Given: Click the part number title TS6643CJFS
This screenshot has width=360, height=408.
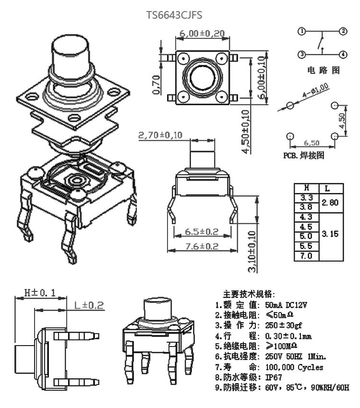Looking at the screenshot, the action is click(174, 15).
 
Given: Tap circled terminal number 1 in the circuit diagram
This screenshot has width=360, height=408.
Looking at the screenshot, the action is click(302, 32).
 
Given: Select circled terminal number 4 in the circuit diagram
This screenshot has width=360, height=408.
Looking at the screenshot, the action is click(343, 55).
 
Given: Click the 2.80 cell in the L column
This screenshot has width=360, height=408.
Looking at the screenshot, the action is click(330, 203).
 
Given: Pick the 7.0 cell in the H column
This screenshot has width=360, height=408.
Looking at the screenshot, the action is click(306, 256).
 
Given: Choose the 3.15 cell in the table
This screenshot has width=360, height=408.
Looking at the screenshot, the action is click(330, 234).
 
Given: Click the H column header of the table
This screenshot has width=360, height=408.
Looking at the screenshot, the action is click(306, 188).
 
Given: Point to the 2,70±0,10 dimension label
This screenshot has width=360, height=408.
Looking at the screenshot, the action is click(160, 135).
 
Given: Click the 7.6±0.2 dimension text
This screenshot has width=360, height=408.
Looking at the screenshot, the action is click(202, 246).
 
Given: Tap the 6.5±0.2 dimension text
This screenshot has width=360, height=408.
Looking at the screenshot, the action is click(202, 231).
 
